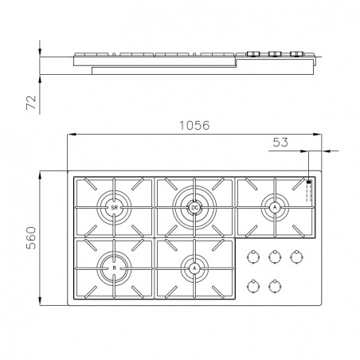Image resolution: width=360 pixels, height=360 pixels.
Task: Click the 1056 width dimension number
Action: coord(194,125)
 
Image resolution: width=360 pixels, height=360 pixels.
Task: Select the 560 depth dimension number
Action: coord(31,238)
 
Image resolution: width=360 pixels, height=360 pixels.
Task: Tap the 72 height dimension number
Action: coord(31,102)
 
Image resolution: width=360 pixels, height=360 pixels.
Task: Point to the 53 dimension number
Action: coord(280,143)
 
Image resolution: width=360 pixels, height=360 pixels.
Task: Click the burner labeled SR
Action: coord(114,208)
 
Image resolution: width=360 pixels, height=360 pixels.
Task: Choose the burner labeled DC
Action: coord(194,208)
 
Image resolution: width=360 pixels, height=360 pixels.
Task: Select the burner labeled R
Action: coord(114,268)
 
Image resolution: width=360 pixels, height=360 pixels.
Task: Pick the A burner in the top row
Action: coord(275,208)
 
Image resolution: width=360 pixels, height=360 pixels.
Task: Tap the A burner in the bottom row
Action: coord(194,268)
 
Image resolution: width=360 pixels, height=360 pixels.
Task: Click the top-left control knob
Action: coord(253,256)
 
